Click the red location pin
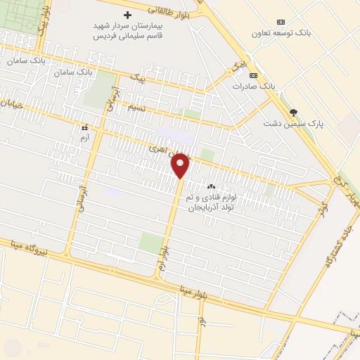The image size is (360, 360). (x=181, y=166)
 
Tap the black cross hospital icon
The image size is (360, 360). (x=127, y=15)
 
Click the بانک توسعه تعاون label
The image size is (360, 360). (x=302, y=33)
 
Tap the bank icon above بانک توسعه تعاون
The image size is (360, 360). (x=281, y=22)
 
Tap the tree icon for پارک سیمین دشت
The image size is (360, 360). (x=293, y=112)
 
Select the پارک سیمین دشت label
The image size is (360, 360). (x=294, y=123)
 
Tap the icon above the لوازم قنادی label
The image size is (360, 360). (x=210, y=186)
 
